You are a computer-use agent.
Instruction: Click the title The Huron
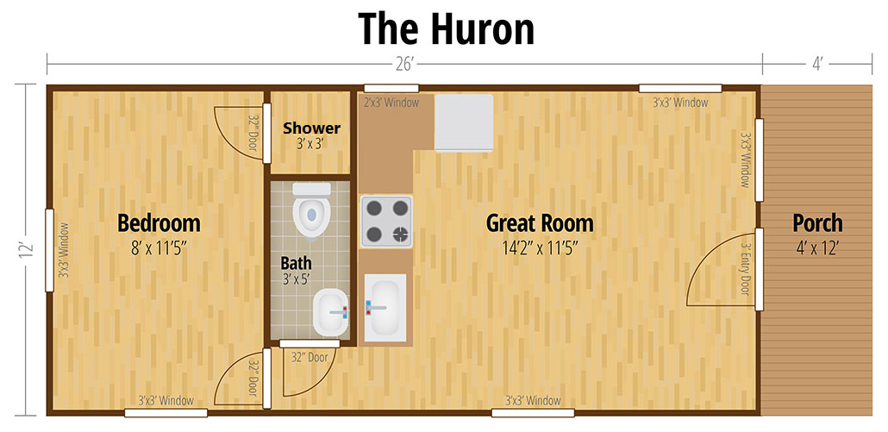[x=446, y=28]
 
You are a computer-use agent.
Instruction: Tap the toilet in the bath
[x=311, y=210]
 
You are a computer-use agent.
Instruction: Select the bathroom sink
[x=331, y=311]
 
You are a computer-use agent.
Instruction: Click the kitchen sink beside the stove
[x=385, y=308]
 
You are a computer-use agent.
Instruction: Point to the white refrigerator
[x=464, y=122]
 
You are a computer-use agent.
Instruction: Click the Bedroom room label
[x=159, y=223]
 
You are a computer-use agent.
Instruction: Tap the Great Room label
[x=540, y=223]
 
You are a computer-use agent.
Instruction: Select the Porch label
[x=817, y=223]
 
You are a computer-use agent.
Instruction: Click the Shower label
[x=312, y=128]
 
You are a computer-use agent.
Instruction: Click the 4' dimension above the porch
[x=816, y=65]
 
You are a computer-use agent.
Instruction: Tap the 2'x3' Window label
[x=391, y=103]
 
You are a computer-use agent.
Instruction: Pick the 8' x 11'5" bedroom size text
[x=159, y=248]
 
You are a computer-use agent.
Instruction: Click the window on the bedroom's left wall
[x=49, y=250]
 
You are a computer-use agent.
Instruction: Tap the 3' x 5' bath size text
[x=297, y=279]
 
